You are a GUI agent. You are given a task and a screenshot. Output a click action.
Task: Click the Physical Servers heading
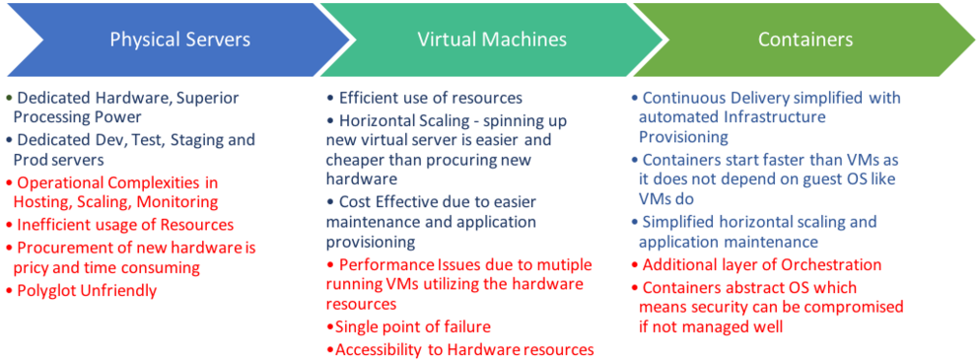(179, 40)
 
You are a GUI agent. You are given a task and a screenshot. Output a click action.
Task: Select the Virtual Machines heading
(492, 40)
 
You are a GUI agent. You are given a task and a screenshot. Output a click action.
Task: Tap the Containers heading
(805, 40)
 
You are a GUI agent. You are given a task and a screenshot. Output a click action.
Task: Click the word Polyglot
(48, 291)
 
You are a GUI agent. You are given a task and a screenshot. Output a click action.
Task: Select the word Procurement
(60, 247)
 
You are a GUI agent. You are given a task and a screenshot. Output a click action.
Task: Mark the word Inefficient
(50, 224)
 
